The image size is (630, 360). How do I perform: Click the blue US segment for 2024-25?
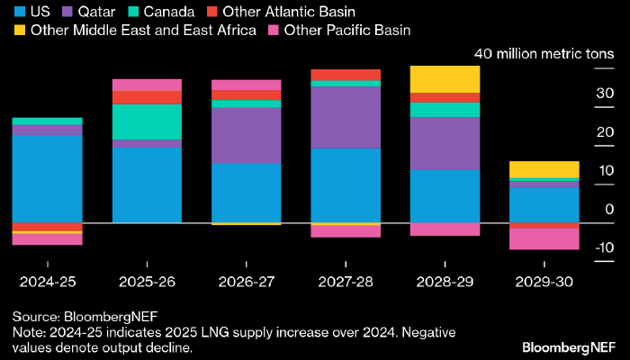point(47,178)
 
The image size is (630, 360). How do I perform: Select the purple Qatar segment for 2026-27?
point(247,135)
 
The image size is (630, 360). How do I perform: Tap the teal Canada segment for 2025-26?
point(147,121)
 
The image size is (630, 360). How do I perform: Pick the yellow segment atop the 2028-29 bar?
point(445,78)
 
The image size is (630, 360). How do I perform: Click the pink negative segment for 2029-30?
point(544,238)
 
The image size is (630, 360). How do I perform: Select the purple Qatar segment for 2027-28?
point(346,117)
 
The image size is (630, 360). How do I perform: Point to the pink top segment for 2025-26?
point(147,85)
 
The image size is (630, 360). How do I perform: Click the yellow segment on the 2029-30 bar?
point(544,169)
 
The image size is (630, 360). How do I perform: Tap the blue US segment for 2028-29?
point(445,195)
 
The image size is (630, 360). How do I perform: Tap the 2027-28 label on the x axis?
point(346,281)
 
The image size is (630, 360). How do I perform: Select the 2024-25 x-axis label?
point(47,281)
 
